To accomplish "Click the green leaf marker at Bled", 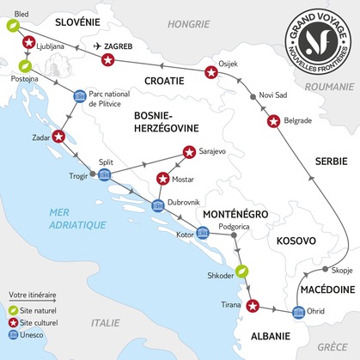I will click(12, 26).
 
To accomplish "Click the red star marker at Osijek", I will click(211, 74).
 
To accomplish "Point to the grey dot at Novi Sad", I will click(251, 96).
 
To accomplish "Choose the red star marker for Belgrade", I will click(273, 122).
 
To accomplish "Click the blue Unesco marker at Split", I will click(105, 175).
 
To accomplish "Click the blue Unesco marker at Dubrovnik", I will click(157, 205).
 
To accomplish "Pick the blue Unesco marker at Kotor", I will click(202, 232).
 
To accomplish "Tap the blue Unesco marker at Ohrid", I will click(299, 312).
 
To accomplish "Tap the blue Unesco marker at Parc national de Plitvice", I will click(80, 95).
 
